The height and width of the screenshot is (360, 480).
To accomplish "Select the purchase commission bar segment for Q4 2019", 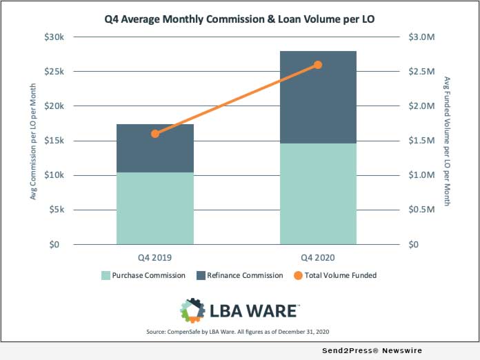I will (x=155, y=208).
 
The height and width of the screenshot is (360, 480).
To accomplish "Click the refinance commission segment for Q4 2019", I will (x=155, y=148).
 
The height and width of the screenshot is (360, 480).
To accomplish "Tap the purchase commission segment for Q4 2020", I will (x=318, y=194).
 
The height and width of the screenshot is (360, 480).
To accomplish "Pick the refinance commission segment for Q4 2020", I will (x=318, y=97).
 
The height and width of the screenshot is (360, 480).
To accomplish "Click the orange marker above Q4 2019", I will (x=155, y=134).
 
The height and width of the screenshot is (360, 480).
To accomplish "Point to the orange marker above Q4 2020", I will (x=318, y=65).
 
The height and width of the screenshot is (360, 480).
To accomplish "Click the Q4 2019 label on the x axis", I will (x=155, y=258).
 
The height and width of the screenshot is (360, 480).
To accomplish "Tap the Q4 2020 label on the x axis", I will (x=318, y=258).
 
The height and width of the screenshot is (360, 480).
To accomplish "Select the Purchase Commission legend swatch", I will (x=106, y=275).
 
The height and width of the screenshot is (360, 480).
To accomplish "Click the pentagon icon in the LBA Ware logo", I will (x=193, y=310).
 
